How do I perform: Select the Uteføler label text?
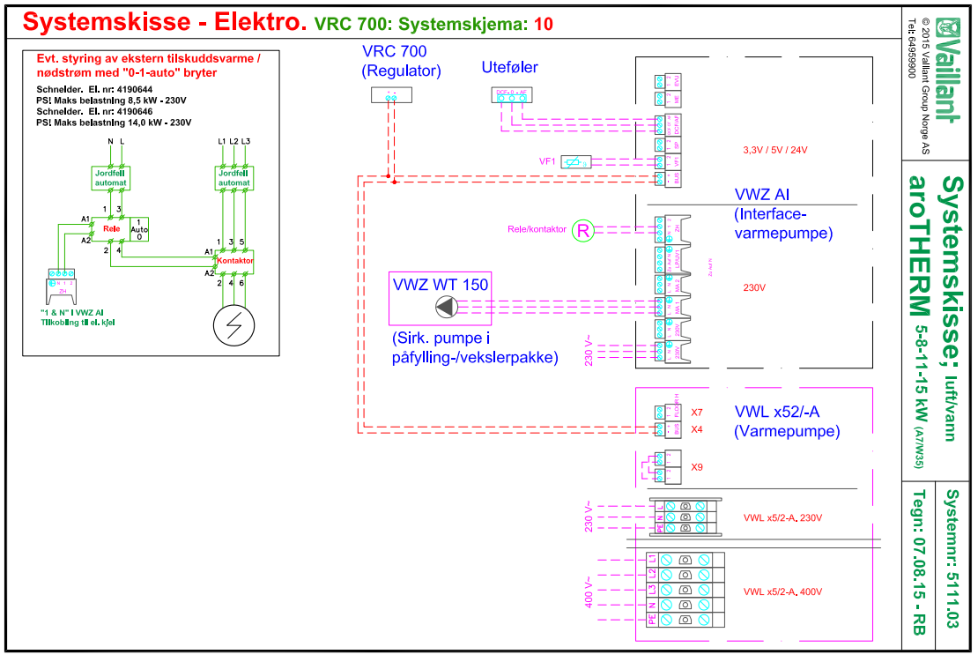click(x=509, y=67)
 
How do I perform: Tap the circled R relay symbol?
click(x=583, y=231)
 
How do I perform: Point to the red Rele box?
click(x=110, y=227)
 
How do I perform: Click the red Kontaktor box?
click(x=235, y=261)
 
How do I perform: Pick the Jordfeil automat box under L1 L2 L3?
click(x=235, y=178)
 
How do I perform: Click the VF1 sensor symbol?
click(x=575, y=161)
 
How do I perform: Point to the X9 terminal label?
click(x=697, y=467)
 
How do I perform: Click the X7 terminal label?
click(x=697, y=413)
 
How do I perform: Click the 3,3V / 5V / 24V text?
click(x=775, y=150)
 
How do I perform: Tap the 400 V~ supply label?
click(x=588, y=591)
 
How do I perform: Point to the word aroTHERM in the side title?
click(x=919, y=248)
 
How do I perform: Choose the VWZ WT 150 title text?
click(x=441, y=285)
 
